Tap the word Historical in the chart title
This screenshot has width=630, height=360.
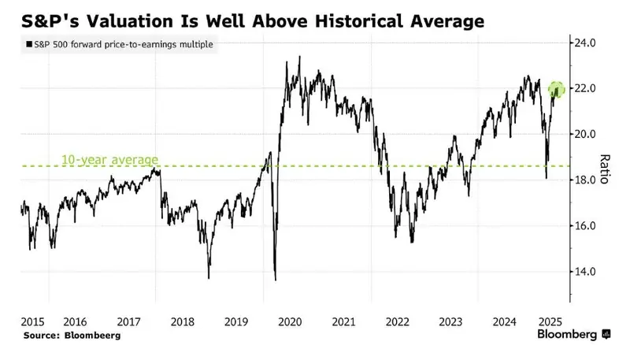[358, 21]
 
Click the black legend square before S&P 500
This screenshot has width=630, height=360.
[29, 44]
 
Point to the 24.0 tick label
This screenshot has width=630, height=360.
[584, 43]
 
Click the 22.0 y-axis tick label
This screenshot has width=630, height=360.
[584, 88]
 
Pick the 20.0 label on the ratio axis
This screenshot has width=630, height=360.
[584, 134]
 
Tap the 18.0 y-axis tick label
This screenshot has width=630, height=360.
[584, 180]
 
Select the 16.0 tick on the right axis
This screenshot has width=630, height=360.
[584, 226]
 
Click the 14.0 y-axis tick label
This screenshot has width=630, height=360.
[584, 272]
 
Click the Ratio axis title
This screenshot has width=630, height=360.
[604, 169]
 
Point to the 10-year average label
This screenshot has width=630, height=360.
[109, 160]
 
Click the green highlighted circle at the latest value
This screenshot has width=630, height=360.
[557, 89]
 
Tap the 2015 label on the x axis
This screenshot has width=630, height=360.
[32, 322]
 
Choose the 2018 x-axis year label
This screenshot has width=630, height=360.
[183, 322]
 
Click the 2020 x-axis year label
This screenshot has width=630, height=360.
[290, 322]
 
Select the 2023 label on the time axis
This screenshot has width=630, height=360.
[450, 322]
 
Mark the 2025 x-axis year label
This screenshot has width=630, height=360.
[550, 322]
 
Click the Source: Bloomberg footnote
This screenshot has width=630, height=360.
[72, 336]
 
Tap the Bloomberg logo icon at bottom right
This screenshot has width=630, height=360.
[606, 334]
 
